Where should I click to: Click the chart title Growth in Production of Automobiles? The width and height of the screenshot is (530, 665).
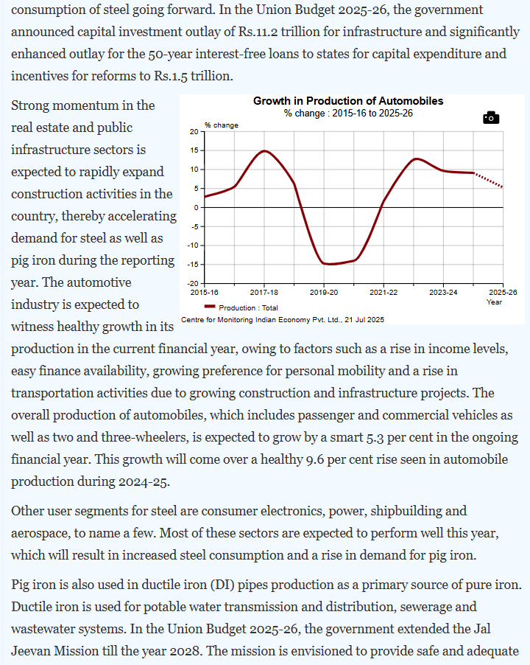click(x=348, y=101)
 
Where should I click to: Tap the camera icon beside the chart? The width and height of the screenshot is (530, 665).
click(x=491, y=118)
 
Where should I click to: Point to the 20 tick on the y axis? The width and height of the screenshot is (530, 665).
click(x=194, y=131)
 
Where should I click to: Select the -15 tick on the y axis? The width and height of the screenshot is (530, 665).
click(x=193, y=265)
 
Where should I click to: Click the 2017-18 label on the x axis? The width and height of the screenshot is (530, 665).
click(x=263, y=293)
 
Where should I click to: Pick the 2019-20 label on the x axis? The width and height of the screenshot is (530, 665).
click(x=323, y=293)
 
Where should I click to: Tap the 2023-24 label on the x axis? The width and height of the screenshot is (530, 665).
click(x=442, y=293)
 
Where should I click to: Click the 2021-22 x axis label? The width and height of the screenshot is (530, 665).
click(x=383, y=293)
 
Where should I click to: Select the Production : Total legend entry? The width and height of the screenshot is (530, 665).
click(x=247, y=307)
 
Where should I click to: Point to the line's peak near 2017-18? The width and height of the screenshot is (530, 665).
click(x=265, y=151)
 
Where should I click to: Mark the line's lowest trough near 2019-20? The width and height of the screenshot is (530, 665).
click(x=328, y=264)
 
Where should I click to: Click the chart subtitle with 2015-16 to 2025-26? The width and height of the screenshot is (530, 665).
click(x=348, y=113)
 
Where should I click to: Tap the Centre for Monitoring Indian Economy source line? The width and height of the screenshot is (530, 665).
click(x=283, y=319)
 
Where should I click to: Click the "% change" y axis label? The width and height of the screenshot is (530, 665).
click(x=222, y=125)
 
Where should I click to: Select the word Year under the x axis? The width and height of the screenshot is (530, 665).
click(x=495, y=302)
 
